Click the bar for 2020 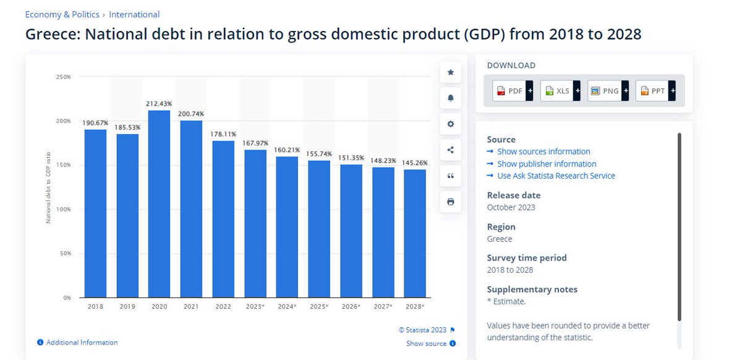(x=159, y=204)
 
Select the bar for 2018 (x=95, y=213)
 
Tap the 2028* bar (x=415, y=233)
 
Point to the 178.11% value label (x=223, y=134)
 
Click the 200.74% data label (x=191, y=114)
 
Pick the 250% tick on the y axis (x=63, y=77)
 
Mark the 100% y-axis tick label (x=63, y=209)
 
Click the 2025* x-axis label (x=319, y=307)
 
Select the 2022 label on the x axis (x=223, y=307)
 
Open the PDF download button (x=513, y=91)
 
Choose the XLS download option (x=560, y=91)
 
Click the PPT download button (x=655, y=91)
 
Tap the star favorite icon (x=451, y=72)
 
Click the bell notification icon (x=451, y=98)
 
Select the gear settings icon (x=451, y=124)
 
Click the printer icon (x=451, y=202)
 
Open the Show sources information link (x=544, y=152)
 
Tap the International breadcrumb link (x=134, y=15)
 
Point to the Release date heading (x=514, y=195)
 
